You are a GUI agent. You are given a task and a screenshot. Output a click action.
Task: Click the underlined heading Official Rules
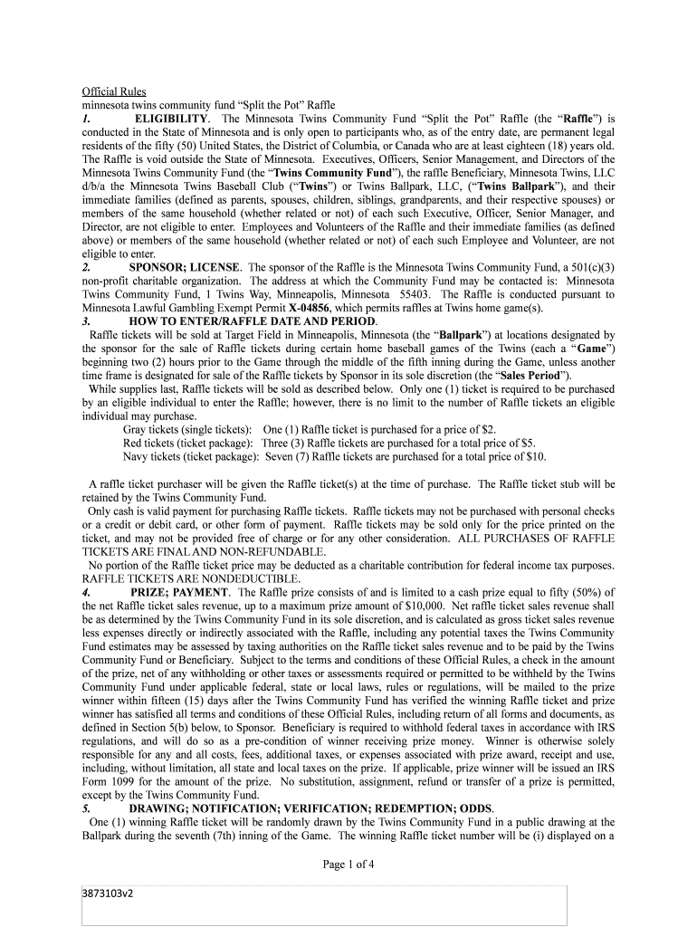(114, 91)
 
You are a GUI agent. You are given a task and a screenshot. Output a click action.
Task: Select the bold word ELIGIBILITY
(172, 119)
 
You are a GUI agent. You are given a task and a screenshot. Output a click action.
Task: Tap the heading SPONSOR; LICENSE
(185, 268)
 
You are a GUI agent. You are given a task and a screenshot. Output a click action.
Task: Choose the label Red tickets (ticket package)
(188, 443)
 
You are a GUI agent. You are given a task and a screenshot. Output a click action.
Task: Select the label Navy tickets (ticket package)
(191, 456)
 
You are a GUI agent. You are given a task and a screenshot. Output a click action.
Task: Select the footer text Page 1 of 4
(348, 865)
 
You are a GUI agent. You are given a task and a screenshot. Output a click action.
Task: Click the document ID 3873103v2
(112, 896)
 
